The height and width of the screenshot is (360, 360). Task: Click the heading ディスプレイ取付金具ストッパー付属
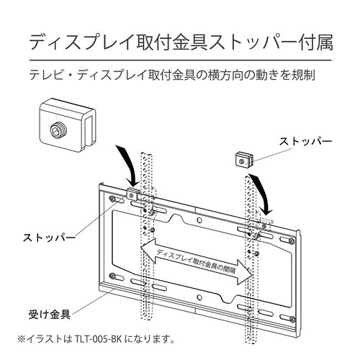click(x=180, y=41)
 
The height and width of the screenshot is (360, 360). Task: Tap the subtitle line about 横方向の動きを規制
click(x=180, y=75)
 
